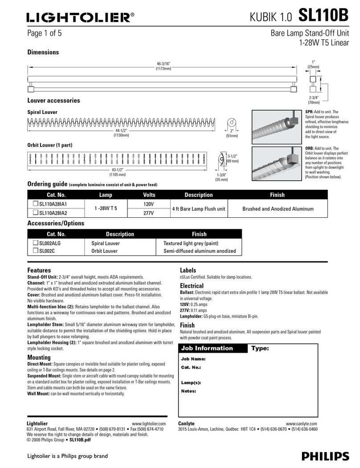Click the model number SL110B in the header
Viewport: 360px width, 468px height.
(323, 16)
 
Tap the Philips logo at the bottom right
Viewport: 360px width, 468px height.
(325, 456)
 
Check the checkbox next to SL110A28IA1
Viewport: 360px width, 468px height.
(36, 204)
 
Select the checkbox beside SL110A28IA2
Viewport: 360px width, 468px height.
(36, 213)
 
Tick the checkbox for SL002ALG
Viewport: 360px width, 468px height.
(36, 243)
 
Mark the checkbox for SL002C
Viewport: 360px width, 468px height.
(36, 251)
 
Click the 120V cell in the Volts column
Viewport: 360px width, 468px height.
(149, 204)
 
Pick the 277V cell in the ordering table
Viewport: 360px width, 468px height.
(149, 213)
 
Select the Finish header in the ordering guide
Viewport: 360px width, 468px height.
(277, 195)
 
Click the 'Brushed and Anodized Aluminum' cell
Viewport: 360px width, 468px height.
(278, 208)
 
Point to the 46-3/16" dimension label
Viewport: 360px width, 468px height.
(164, 64)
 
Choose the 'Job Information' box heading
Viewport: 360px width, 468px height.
(207, 348)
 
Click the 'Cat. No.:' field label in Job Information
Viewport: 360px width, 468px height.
(191, 367)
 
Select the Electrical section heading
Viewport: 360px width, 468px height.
(192, 286)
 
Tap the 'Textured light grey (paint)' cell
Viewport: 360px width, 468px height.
(191, 244)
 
